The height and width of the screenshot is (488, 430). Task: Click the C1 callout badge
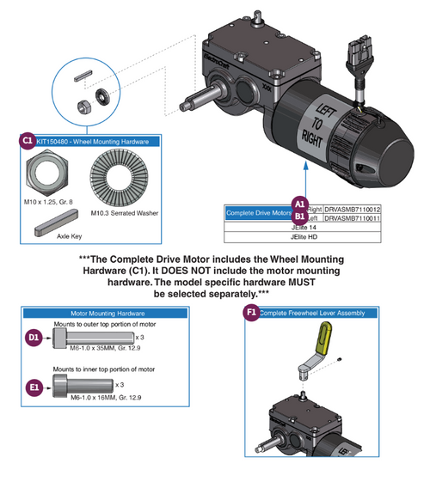click(x=26, y=140)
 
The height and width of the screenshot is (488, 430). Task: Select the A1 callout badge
click(x=300, y=201)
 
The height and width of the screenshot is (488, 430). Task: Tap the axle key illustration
click(x=51, y=230)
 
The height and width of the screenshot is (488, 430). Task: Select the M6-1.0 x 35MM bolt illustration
click(x=82, y=339)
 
